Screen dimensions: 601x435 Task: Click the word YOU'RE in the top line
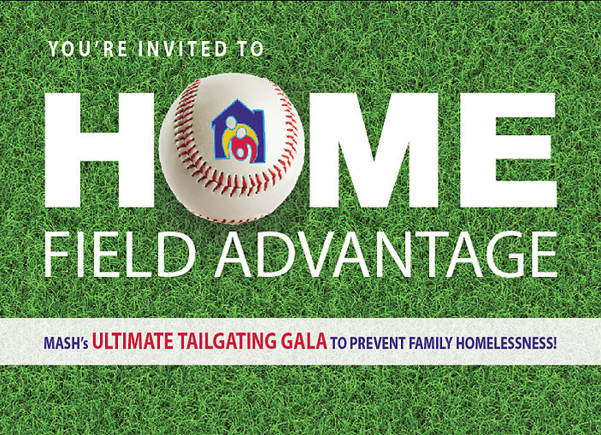tap(88, 49)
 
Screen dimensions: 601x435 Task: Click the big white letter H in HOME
tap(99, 150)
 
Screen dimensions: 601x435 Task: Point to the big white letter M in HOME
tap(374, 150)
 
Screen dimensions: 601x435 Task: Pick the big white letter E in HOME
tap(508, 150)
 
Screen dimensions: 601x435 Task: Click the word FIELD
tap(120, 254)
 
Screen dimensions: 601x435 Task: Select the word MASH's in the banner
tap(66, 343)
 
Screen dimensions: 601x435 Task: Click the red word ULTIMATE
tap(133, 341)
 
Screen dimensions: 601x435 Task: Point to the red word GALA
tap(304, 341)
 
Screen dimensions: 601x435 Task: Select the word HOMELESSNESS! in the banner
tap(506, 343)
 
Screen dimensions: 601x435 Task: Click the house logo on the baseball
tap(238, 132)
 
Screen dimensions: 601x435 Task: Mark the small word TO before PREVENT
tap(338, 343)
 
